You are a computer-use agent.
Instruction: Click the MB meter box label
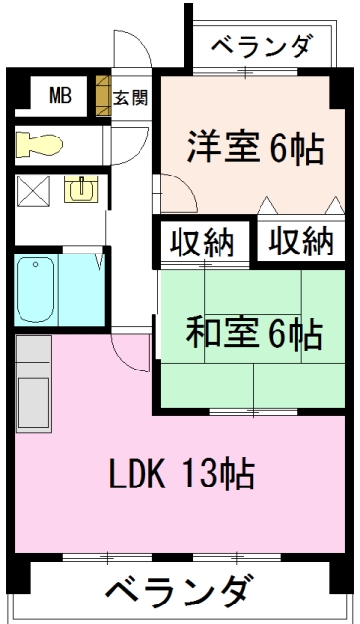[x=60, y=96]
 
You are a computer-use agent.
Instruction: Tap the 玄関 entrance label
[x=131, y=97]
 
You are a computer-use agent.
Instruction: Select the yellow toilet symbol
[x=39, y=144]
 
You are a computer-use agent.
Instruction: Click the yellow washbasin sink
[x=81, y=188]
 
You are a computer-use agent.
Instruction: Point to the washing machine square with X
[x=32, y=191]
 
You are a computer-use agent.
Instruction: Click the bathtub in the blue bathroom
[x=36, y=289]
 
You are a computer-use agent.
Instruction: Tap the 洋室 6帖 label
[x=256, y=147]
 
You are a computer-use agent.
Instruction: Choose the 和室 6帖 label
[x=255, y=331]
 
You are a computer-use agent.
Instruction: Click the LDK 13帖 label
[x=182, y=474]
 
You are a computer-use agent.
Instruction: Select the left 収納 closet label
[x=202, y=243]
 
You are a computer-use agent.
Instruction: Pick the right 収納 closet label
[x=300, y=241]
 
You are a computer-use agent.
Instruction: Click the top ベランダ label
[x=260, y=46]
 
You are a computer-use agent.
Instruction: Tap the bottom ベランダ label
[x=180, y=591]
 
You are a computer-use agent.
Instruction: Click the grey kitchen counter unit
[x=33, y=383]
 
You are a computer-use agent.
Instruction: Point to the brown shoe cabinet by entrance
[x=103, y=96]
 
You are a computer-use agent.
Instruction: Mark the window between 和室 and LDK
[x=254, y=411]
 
